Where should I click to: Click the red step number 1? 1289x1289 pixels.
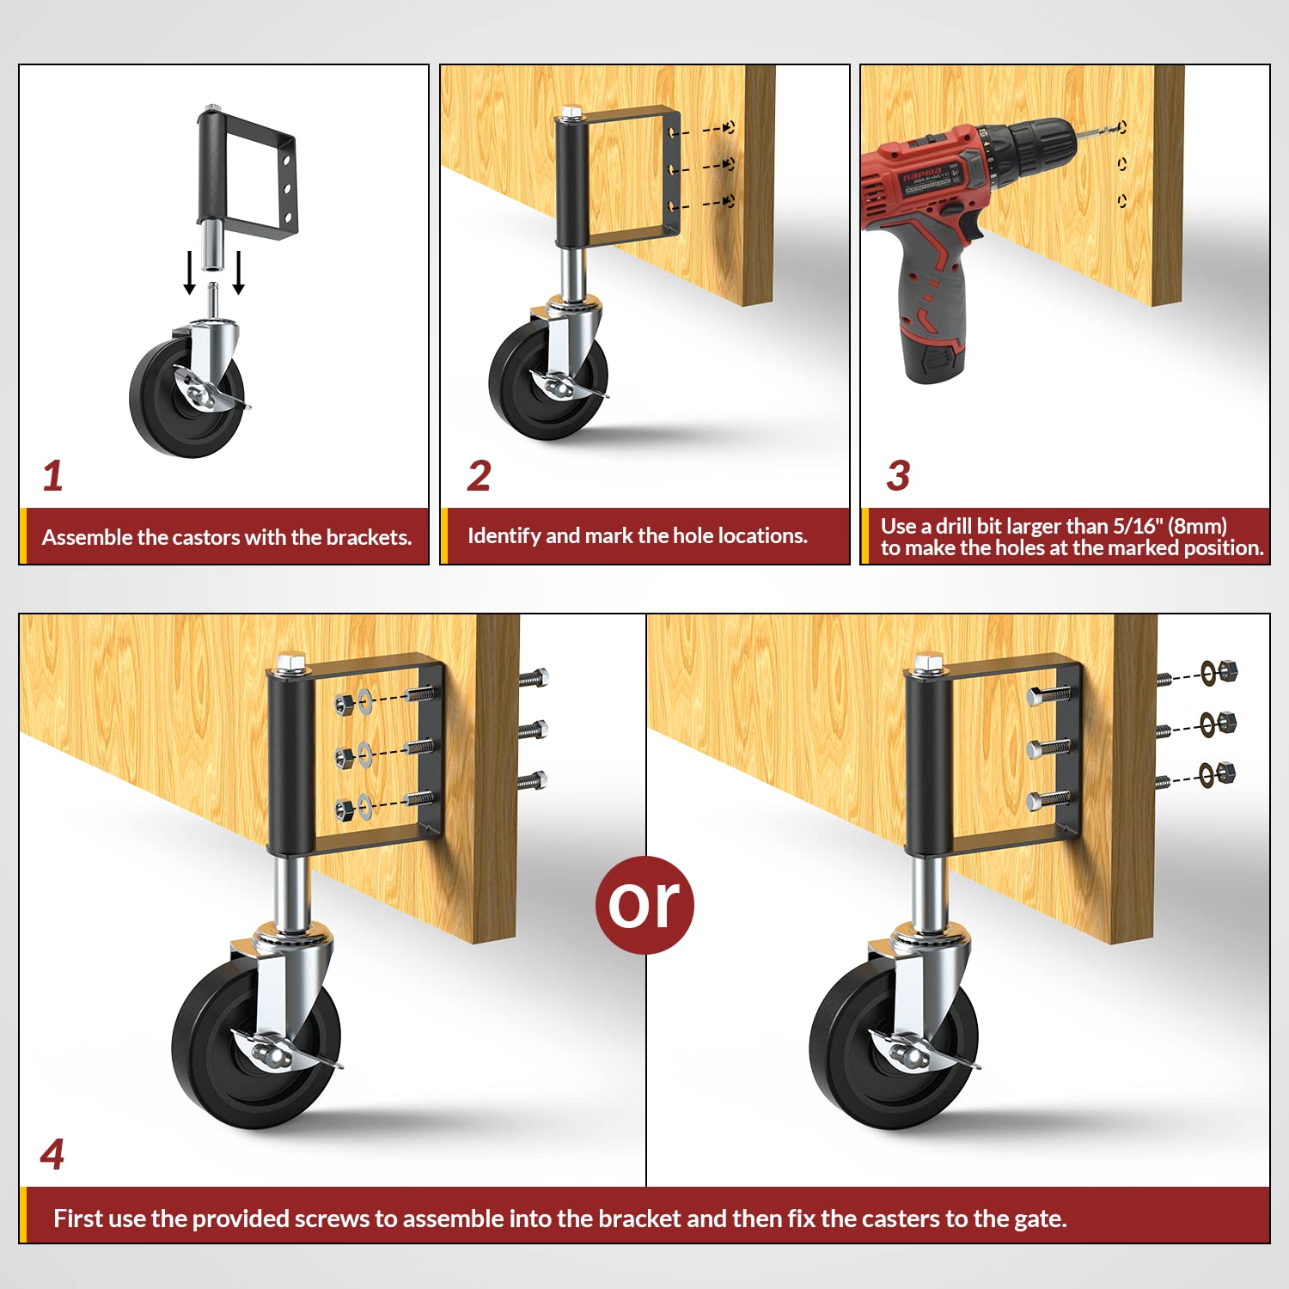52,476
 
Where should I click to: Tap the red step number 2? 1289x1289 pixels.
479,476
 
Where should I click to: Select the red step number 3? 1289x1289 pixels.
898,476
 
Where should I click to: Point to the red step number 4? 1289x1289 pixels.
52,1154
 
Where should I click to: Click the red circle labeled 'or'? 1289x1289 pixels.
644,904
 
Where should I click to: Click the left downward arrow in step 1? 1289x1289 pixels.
189,273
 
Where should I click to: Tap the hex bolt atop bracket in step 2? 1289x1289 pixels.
571,113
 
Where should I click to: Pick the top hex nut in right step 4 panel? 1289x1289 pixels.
1228,669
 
